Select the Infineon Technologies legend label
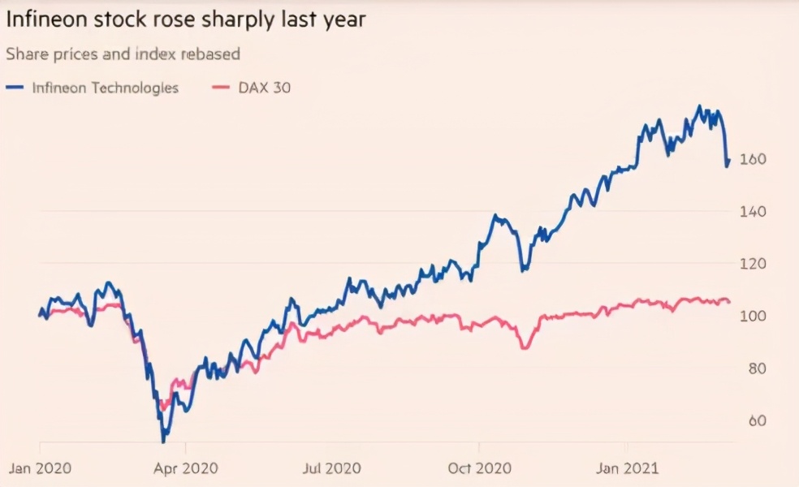tap(105, 88)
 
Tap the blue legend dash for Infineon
tap(14, 88)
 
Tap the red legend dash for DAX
tap(221, 88)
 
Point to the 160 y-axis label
tap(753, 159)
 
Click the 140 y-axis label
tap(753, 211)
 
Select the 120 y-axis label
tap(753, 264)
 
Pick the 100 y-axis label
tap(753, 316)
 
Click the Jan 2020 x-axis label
tap(40, 468)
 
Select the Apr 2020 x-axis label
tap(186, 468)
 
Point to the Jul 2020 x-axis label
tap(331, 468)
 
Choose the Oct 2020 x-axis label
tap(479, 468)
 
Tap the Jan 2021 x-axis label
tap(626, 468)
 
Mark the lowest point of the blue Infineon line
tap(163, 442)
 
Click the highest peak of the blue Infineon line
tap(699, 106)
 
